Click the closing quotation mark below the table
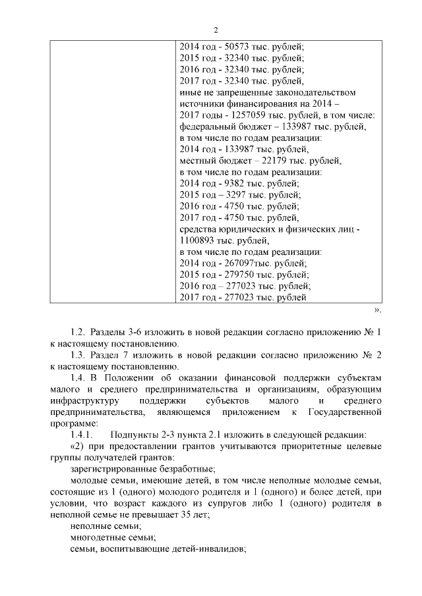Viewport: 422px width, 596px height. [377, 308]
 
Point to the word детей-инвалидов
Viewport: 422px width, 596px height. [208, 549]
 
